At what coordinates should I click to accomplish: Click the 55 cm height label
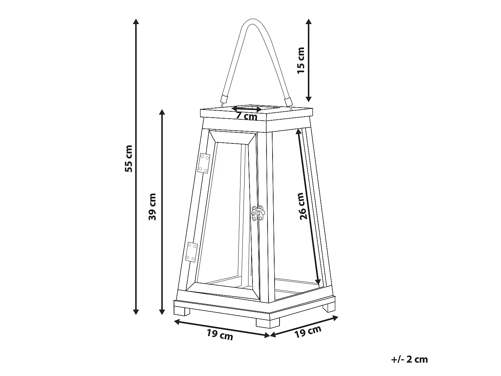[129, 158]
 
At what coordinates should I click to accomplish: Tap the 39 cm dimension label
[152, 207]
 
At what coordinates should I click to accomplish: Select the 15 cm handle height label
[301, 60]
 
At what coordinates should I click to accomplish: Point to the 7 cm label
[246, 116]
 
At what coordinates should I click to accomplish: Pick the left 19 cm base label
[220, 335]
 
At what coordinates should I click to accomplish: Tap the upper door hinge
[204, 163]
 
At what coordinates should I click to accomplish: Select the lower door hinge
[191, 252]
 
